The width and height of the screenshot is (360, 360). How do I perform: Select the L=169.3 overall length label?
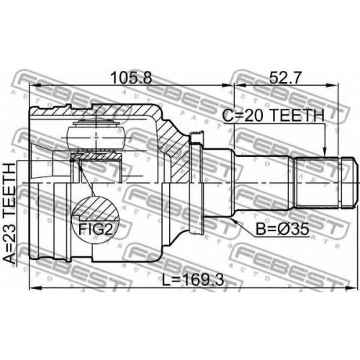click(x=193, y=280)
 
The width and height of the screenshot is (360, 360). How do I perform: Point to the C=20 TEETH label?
click(x=273, y=115)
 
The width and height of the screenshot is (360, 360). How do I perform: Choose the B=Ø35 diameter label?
click(x=282, y=229)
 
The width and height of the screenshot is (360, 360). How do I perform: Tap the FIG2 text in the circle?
click(x=96, y=229)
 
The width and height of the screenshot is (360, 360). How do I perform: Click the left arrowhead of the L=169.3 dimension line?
click(x=35, y=288)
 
